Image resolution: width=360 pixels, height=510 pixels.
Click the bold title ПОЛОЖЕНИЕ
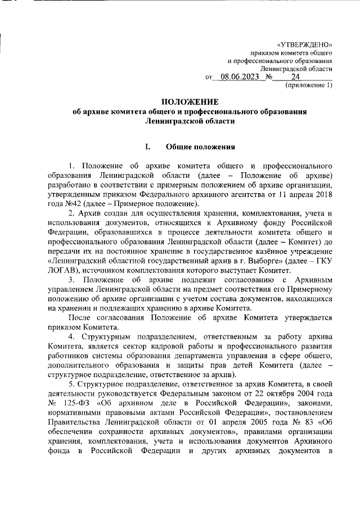190,102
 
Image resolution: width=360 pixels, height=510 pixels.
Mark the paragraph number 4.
71,337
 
